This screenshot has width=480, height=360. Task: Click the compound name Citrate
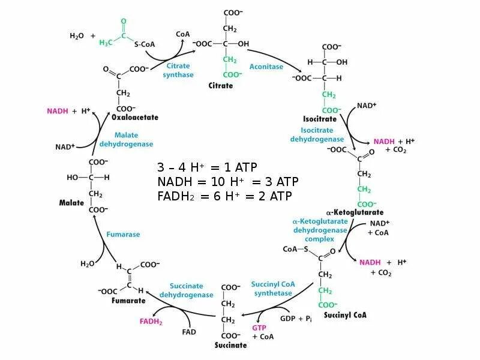tap(221, 86)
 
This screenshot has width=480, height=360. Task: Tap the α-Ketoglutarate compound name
tap(354, 212)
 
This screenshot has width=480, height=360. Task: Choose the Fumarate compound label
tap(128, 300)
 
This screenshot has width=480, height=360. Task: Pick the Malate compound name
tap(71, 203)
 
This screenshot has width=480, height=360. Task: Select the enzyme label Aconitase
tap(266, 67)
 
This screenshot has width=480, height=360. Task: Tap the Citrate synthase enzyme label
tap(178, 70)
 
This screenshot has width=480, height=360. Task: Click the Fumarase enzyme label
tap(123, 235)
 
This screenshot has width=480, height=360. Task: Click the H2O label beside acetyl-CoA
tap(77, 36)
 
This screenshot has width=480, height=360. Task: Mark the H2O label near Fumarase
tap(87, 263)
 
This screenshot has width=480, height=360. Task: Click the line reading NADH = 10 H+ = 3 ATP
tap(227, 182)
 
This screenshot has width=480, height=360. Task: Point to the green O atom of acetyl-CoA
tap(124, 22)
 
